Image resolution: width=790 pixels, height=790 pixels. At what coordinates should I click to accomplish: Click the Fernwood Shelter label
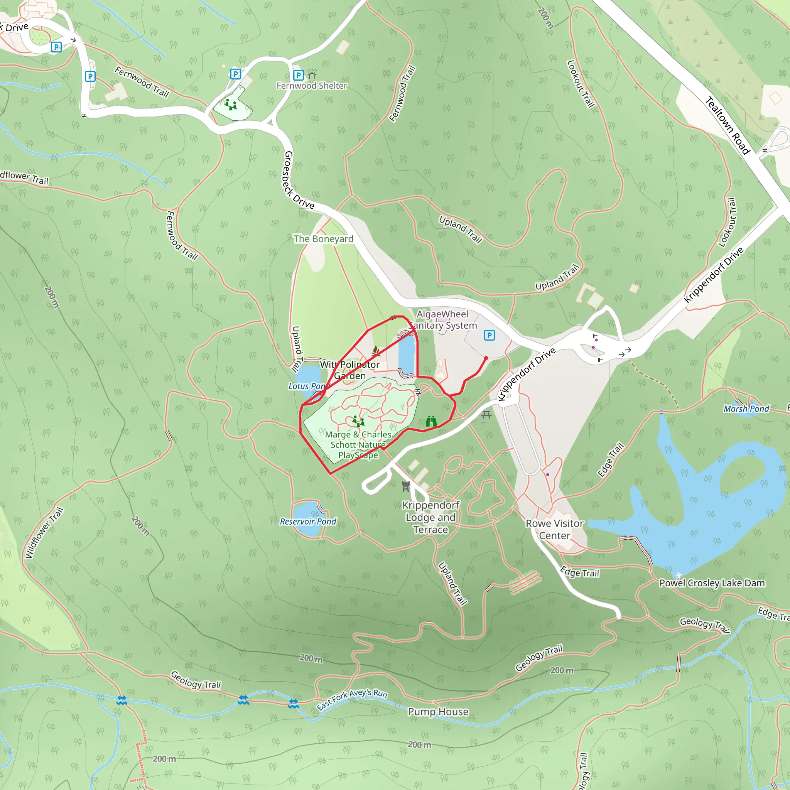312,86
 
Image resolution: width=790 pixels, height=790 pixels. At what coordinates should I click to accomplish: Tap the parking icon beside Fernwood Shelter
299,75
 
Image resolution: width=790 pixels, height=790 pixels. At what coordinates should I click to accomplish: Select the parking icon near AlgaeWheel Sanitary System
489,335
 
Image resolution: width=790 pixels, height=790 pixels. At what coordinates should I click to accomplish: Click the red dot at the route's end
486,358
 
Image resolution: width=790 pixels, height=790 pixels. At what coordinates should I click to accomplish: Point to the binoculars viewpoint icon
431,421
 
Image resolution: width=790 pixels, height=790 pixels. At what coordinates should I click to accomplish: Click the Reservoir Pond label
308,522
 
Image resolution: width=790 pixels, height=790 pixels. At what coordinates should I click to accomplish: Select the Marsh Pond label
746,409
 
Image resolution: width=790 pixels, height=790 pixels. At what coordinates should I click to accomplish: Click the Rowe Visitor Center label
554,529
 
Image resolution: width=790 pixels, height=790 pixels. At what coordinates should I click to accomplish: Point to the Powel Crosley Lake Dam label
712,583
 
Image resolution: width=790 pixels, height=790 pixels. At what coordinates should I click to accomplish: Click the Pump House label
438,712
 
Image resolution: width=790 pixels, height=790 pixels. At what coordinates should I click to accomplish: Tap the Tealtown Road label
728,125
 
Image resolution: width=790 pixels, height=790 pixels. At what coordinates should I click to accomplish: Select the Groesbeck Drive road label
298,181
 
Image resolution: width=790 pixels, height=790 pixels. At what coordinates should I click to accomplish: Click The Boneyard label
323,239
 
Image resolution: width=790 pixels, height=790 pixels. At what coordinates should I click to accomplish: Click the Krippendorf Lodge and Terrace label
430,517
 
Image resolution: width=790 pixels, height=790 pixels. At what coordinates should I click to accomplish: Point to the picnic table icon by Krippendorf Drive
486,415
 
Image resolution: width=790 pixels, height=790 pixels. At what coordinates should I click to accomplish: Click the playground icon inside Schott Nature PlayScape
358,421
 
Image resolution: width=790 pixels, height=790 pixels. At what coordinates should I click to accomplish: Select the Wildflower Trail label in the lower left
44,532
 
